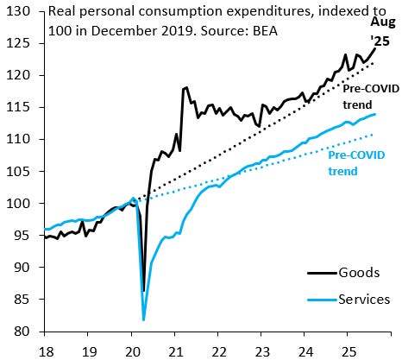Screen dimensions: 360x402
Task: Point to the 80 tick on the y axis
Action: (x=22, y=332)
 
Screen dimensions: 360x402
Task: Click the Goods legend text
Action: (x=358, y=273)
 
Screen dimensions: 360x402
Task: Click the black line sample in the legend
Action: (x=320, y=273)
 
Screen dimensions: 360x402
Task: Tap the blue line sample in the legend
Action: (x=320, y=299)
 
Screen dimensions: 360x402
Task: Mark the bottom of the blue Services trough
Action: (x=143, y=320)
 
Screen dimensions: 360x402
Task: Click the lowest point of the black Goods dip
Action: (x=142, y=291)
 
